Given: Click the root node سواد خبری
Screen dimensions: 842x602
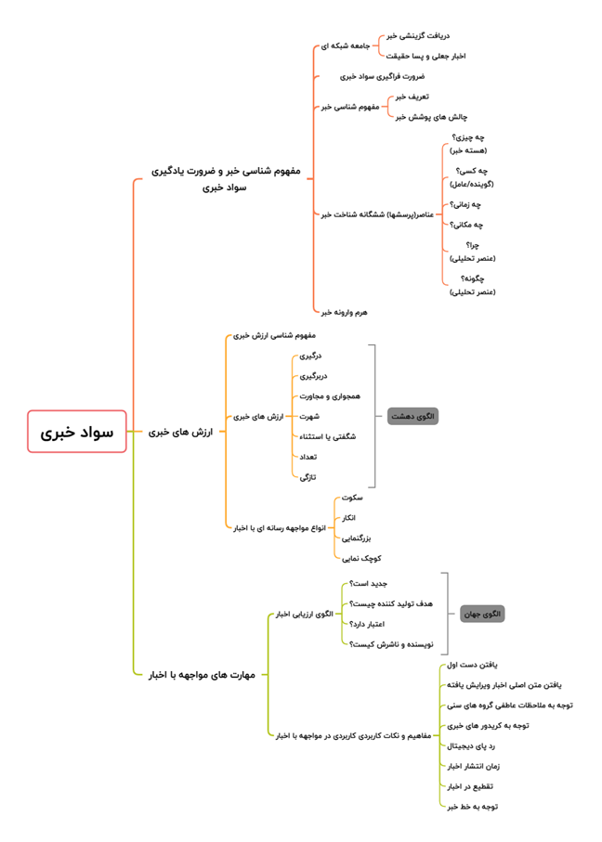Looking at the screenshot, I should click(77, 432).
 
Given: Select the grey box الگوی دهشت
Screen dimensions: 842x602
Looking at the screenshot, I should click(412, 416).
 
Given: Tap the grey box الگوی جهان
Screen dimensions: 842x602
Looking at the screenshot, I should click(482, 614).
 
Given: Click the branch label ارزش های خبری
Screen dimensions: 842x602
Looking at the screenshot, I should click(180, 432).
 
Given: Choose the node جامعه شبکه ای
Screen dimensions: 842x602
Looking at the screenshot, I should click(346, 45).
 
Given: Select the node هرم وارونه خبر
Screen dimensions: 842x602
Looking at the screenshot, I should click(344, 312).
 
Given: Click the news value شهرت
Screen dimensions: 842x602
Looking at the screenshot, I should click(309, 416).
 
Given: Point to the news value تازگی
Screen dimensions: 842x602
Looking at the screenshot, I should click(308, 477).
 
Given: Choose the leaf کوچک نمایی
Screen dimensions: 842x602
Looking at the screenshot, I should click(360, 558).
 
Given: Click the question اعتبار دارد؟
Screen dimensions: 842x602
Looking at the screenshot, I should click(368, 624).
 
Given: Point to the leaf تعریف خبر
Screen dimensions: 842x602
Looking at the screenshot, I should click(412, 96).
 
